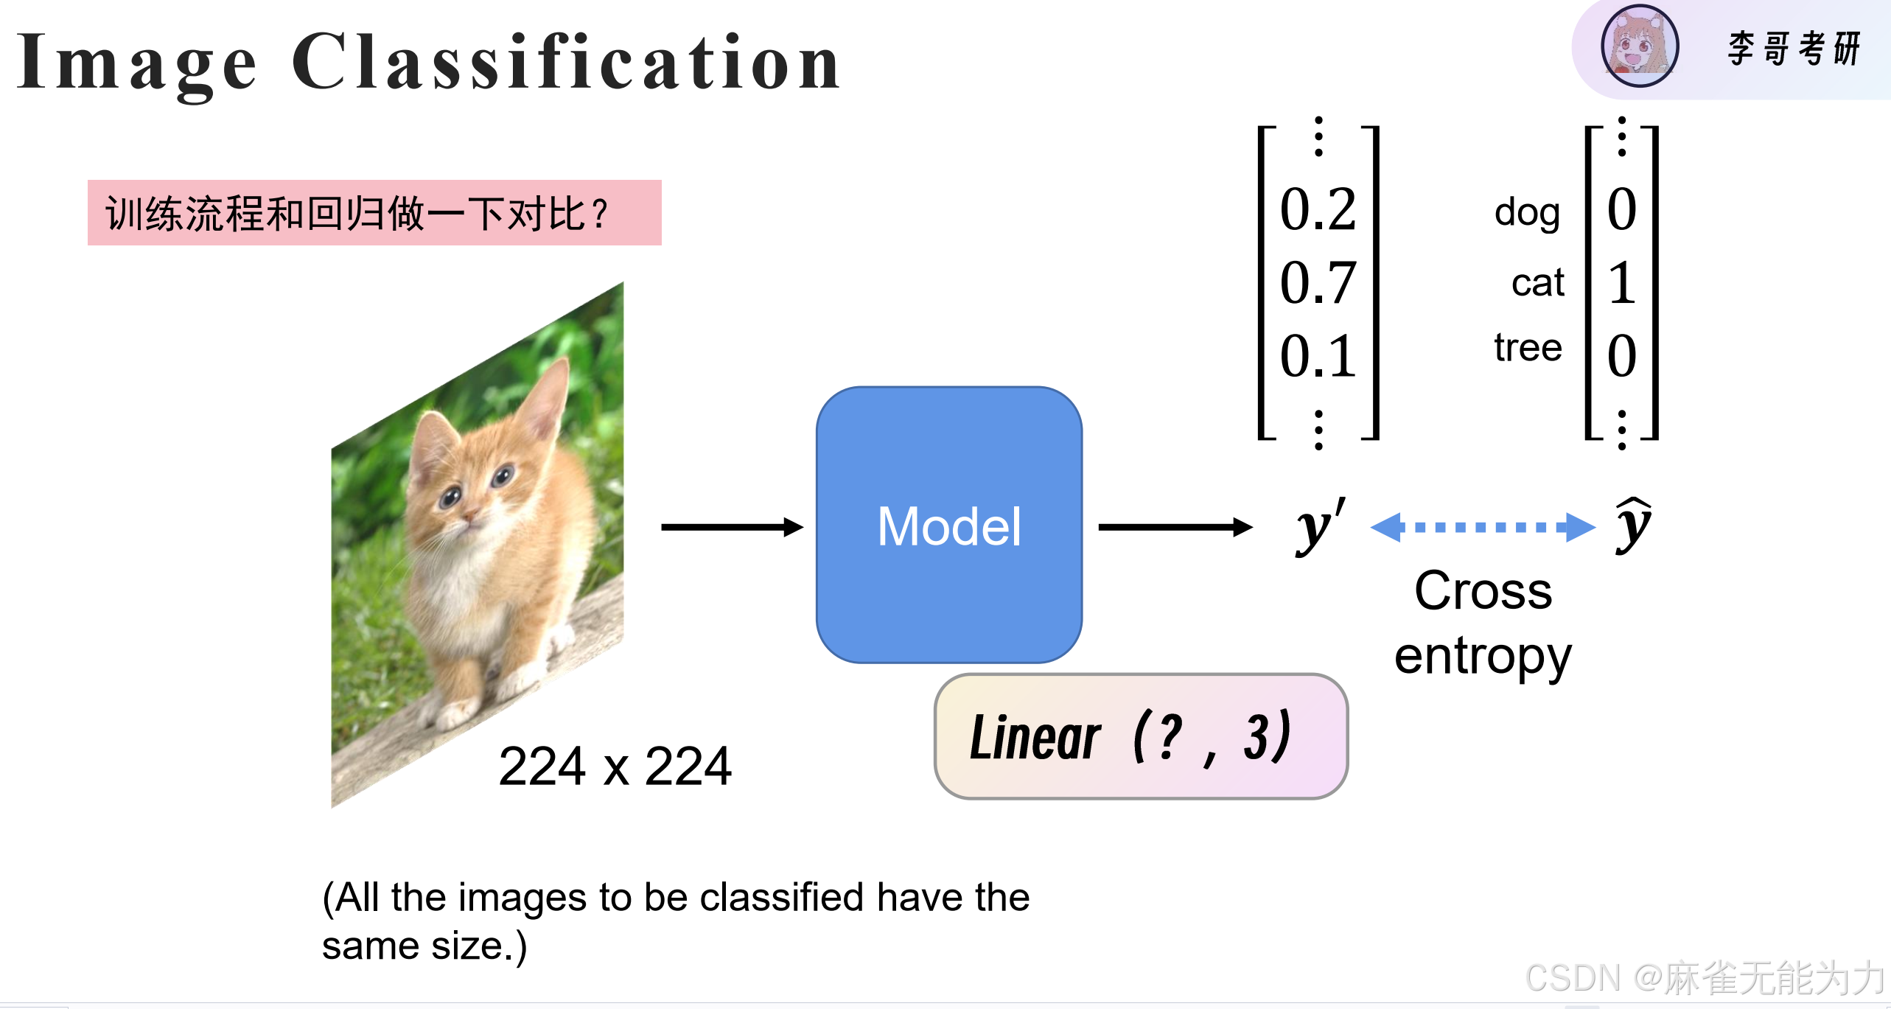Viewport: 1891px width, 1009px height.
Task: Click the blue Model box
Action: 949,525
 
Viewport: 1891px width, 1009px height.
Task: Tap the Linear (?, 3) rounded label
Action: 1140,736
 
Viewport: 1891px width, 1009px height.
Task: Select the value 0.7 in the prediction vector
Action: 1318,282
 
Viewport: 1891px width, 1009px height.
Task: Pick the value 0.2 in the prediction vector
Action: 1318,209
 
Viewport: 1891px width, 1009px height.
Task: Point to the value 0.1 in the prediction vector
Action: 1318,356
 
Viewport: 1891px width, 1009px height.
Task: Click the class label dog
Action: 1527,213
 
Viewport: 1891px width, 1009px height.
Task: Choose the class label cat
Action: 1537,282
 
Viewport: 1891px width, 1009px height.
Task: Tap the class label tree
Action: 1528,347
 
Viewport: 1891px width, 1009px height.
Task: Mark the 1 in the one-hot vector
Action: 1621,282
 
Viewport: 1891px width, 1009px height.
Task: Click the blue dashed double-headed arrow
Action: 1482,527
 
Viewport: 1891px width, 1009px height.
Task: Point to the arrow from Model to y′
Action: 1175,527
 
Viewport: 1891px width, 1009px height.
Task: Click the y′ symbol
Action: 1319,525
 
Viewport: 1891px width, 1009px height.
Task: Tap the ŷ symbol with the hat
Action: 1633,525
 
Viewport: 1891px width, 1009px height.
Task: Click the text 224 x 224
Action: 615,767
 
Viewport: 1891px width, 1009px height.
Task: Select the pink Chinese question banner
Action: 374,213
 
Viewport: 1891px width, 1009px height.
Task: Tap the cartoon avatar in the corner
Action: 1640,46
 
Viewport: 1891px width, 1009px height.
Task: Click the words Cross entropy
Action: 1483,623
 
